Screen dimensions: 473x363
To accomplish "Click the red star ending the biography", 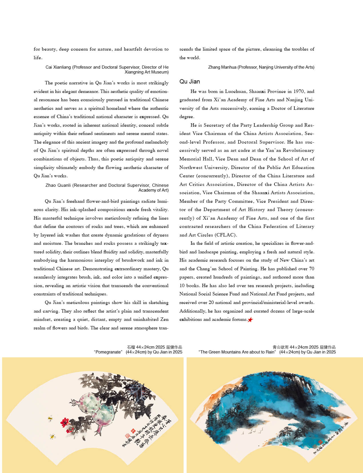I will coord(250,320).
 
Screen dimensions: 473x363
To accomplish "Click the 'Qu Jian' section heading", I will coord(190,82).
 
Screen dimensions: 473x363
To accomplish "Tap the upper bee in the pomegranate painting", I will coord(50,419).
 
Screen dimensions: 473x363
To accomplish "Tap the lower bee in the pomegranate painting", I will coord(52,436).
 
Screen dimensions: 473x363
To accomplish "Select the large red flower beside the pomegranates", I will coord(64,422).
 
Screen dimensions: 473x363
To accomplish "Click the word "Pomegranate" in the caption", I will coord(108,352).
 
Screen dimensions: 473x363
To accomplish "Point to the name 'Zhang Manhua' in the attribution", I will coord(222,67).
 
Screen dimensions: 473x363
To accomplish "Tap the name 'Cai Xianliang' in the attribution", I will coord(58,67).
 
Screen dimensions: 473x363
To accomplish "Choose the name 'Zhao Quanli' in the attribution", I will coord(58,185).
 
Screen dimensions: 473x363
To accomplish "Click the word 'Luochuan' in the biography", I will coord(236,92).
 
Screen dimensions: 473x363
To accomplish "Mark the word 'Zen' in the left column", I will coord(164,319).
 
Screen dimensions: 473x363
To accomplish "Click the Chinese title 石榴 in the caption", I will coord(131,347).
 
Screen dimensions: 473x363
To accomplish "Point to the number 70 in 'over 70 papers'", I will coord(312,269).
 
